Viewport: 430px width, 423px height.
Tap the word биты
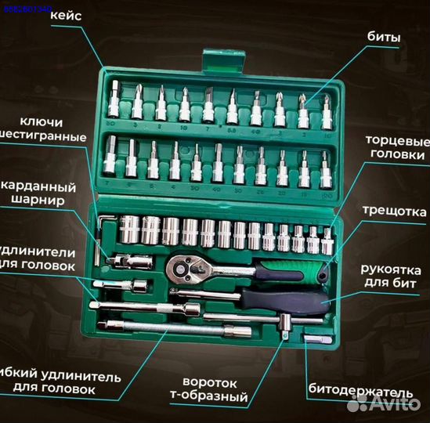385,36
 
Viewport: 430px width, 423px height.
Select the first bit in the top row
115,99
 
